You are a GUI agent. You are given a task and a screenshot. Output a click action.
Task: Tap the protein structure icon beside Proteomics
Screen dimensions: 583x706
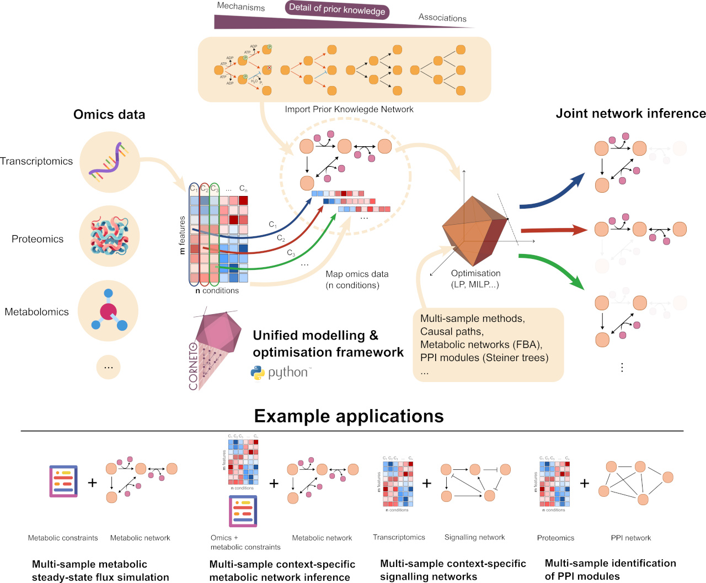click(109, 236)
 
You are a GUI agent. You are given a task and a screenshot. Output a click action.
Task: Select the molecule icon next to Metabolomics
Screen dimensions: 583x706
click(109, 311)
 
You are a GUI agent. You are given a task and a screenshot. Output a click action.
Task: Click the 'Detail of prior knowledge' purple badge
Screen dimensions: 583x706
click(337, 9)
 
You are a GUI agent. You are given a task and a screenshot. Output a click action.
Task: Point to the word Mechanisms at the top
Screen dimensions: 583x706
click(240, 7)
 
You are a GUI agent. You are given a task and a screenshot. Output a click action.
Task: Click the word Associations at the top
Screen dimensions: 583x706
click(442, 18)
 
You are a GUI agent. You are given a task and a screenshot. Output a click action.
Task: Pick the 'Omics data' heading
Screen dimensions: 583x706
click(109, 114)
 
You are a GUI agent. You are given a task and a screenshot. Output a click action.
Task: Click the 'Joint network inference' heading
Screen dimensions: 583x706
click(630, 113)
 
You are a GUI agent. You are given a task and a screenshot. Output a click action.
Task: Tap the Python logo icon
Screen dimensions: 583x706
click(258, 373)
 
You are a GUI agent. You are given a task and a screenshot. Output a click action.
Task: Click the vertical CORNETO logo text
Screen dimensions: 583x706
click(193, 366)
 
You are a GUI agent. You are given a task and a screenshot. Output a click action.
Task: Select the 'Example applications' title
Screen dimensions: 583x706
click(349, 416)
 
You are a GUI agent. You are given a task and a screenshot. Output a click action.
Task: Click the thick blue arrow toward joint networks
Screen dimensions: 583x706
click(552, 193)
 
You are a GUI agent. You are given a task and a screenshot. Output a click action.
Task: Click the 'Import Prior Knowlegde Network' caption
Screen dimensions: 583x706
click(349, 109)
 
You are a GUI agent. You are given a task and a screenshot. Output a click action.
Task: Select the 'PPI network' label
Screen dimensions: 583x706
click(630, 538)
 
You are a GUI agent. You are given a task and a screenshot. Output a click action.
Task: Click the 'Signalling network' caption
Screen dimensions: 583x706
click(474, 537)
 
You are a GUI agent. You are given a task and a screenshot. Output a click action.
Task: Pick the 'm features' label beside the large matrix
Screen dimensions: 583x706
click(183, 235)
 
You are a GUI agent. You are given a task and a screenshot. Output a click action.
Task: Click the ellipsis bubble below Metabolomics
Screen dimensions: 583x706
click(109, 367)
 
